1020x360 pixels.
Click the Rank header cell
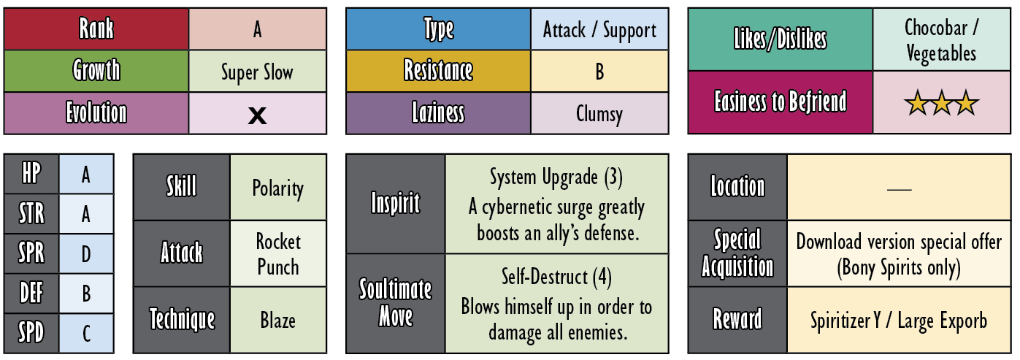[x=96, y=28]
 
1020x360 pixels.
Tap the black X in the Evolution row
[x=257, y=115]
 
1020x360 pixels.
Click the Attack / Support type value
[x=599, y=30]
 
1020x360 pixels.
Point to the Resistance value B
[x=599, y=72]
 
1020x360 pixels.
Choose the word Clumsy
[x=599, y=114]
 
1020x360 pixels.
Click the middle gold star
[x=941, y=103]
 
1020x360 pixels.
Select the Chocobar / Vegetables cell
[x=941, y=39]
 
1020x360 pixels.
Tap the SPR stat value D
[x=86, y=254]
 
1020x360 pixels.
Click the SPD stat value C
[x=86, y=334]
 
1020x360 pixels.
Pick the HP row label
[x=31, y=174]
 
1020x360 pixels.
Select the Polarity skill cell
[x=278, y=187]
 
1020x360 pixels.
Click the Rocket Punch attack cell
[x=278, y=254]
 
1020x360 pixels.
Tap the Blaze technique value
[x=278, y=321]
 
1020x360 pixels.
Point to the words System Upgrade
[x=544, y=177]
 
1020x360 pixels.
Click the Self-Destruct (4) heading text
[x=556, y=277]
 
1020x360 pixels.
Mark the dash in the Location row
[x=900, y=188]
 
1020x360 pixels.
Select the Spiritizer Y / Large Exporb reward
[x=899, y=321]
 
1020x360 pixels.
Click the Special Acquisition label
[x=737, y=253]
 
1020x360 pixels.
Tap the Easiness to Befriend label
[x=781, y=102]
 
